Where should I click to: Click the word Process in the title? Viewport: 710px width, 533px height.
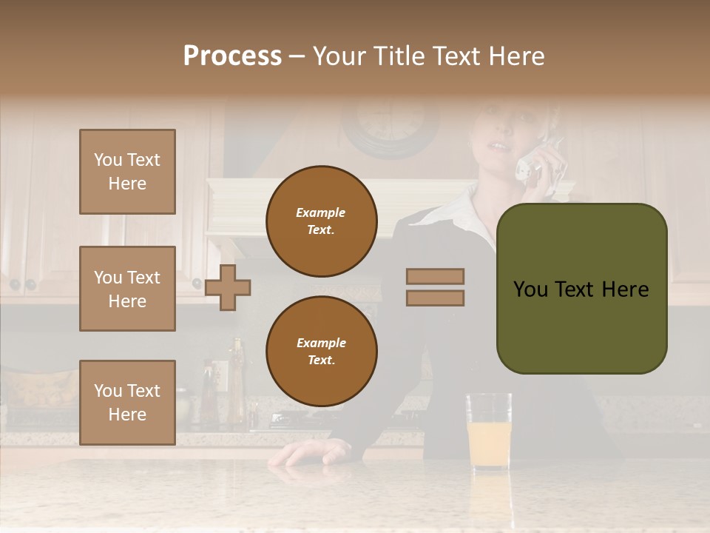tap(232, 56)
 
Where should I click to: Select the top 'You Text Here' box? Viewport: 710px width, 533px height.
tap(127, 172)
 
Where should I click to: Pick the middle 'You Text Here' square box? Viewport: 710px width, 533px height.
tap(127, 289)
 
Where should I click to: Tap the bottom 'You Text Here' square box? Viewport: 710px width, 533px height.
tap(127, 402)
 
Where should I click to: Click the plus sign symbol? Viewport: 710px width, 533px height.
tap(228, 287)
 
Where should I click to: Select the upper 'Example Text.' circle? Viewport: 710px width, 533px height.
tap(321, 221)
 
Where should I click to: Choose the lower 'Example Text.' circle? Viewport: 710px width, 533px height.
tap(321, 351)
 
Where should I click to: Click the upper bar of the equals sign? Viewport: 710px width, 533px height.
tap(435, 276)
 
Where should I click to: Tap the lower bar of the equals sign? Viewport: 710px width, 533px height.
tap(435, 298)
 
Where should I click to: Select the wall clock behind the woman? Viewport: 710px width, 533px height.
tap(390, 126)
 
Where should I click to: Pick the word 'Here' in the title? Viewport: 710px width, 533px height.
tap(516, 56)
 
